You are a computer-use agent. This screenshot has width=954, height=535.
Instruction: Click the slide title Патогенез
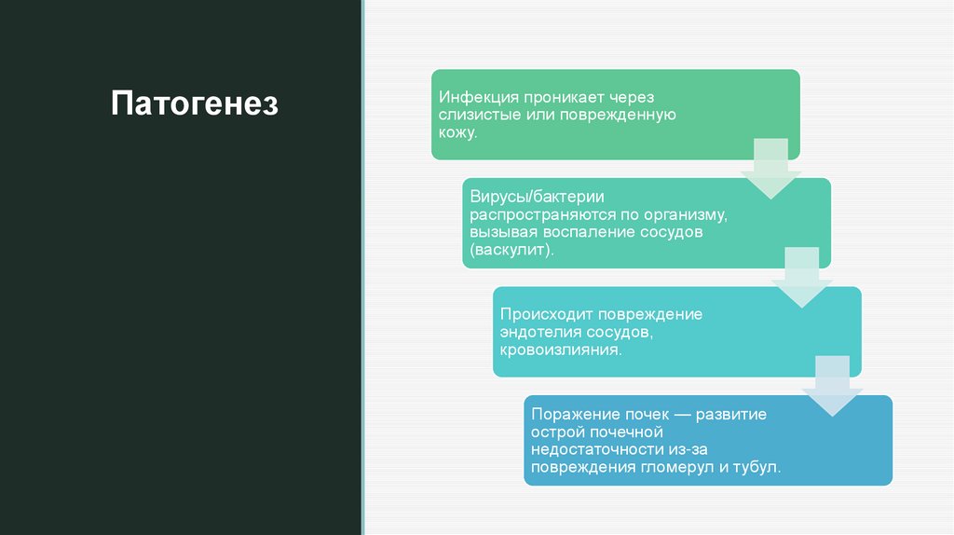pos(194,103)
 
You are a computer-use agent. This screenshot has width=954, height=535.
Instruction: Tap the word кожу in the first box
pos(457,133)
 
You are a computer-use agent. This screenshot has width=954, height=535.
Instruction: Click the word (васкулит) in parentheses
pos(511,251)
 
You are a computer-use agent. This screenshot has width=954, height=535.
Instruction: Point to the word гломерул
pos(676,468)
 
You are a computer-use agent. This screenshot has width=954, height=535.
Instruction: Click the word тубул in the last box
pos(756,468)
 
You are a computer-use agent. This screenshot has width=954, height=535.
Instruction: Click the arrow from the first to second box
pos(770,168)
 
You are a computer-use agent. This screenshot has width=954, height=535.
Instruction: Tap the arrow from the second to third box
pos(801,277)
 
